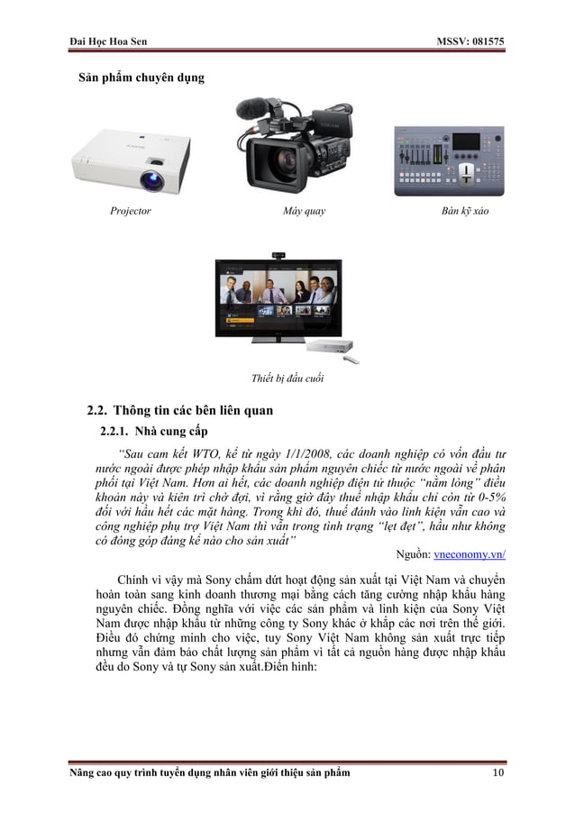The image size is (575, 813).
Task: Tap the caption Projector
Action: (131, 212)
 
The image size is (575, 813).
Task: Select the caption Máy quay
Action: (304, 212)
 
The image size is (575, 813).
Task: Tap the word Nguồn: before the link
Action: (415, 555)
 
